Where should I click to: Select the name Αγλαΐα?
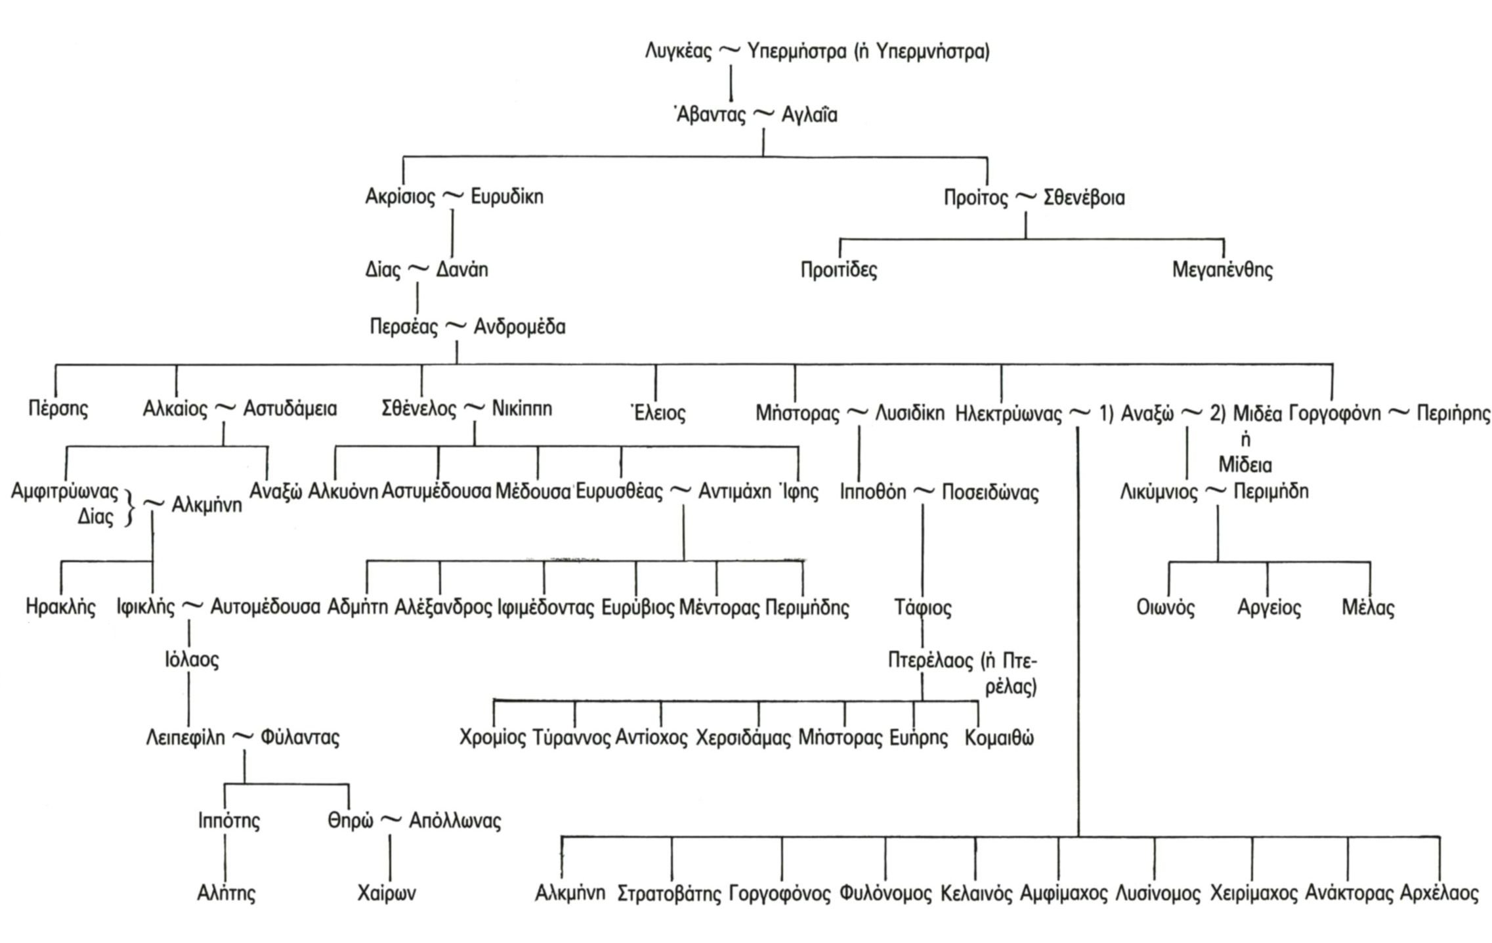pyautogui.click(x=809, y=116)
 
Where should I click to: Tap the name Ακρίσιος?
pyautogui.click(x=400, y=197)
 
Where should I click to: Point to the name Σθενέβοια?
pyautogui.click(x=1084, y=198)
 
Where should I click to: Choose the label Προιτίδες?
pyautogui.click(x=839, y=270)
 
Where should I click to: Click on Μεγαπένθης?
pyautogui.click(x=1222, y=270)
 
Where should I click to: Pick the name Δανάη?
pyautogui.click(x=462, y=270)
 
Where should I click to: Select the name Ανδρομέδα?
pyautogui.click(x=519, y=327)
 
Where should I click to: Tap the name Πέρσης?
pyautogui.click(x=58, y=408)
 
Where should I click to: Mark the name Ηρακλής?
pyautogui.click(x=60, y=606)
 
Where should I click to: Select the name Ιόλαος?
pyautogui.click(x=192, y=659)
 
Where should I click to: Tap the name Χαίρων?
pyautogui.click(x=387, y=893)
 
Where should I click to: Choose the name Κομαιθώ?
pyautogui.click(x=999, y=738)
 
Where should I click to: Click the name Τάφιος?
pyautogui.click(x=923, y=607)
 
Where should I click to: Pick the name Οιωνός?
pyautogui.click(x=1166, y=607)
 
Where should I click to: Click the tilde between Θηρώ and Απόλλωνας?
pyautogui.click(x=391, y=820)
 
